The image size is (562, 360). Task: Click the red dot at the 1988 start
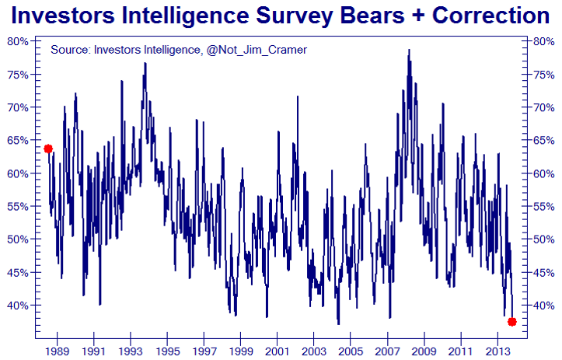[48, 149]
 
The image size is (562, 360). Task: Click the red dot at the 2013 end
[511, 322]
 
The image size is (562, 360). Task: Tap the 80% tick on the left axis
[19, 41]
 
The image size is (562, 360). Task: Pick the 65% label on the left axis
[19, 140]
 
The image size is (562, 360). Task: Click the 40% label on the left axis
[19, 305]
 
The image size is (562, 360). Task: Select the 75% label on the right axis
[542, 74]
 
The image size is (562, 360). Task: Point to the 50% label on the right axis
[542, 239]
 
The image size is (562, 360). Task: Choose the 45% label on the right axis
[542, 272]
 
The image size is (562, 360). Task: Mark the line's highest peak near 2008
[409, 51]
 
